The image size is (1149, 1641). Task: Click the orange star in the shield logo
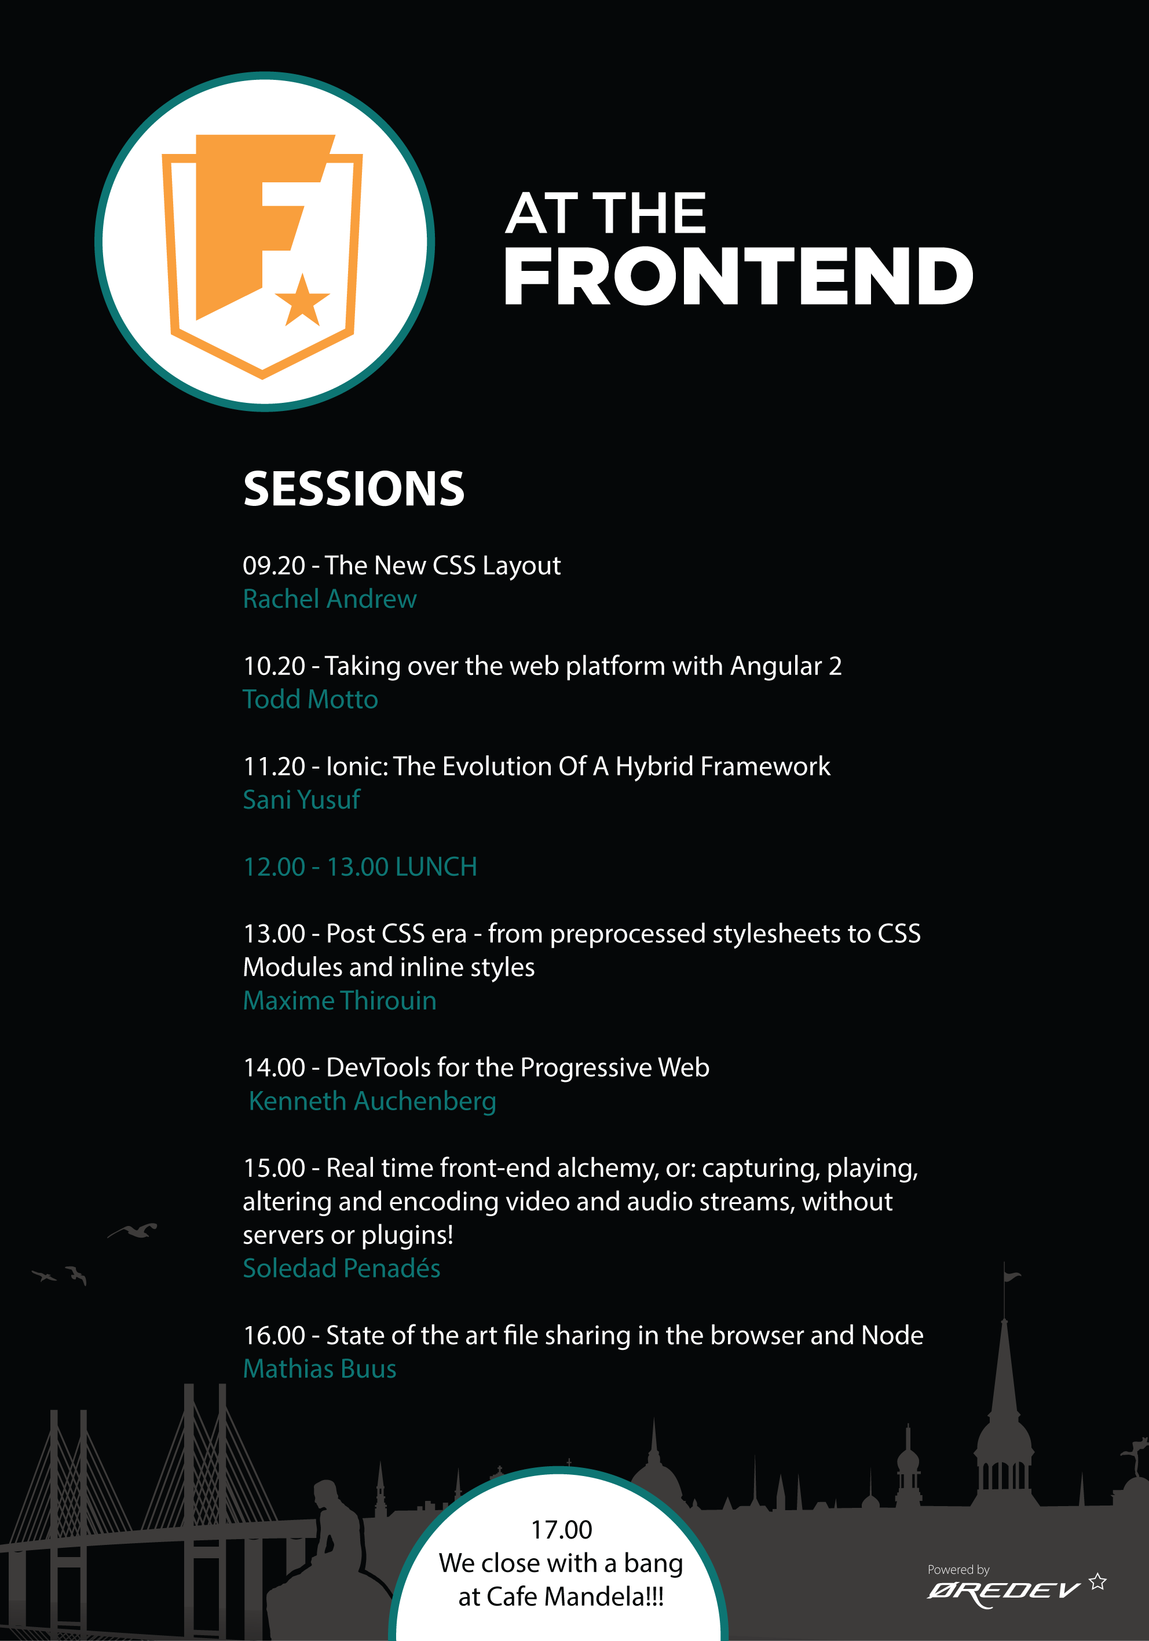point(302,301)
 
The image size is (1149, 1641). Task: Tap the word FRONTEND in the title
point(738,277)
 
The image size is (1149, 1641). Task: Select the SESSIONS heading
point(354,489)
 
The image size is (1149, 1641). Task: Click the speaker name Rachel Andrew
point(330,599)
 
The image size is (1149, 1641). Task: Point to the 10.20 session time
point(275,666)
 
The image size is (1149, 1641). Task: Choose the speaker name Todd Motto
point(310,699)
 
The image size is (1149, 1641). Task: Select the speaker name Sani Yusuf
point(302,800)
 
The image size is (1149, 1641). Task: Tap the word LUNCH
point(436,867)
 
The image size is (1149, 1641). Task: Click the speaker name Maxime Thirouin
point(339,1001)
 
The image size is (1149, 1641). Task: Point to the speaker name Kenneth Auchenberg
point(372,1102)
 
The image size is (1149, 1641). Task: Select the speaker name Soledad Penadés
point(342,1269)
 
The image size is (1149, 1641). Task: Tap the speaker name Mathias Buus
point(320,1369)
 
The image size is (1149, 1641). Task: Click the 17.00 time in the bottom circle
point(561,1529)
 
